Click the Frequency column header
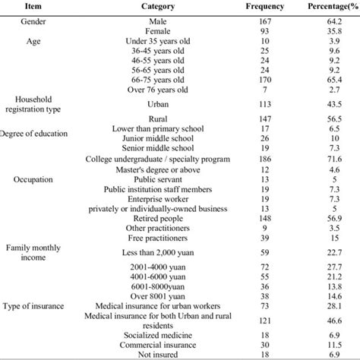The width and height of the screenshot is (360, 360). click(x=265, y=7)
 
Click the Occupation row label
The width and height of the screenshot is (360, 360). click(x=33, y=180)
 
